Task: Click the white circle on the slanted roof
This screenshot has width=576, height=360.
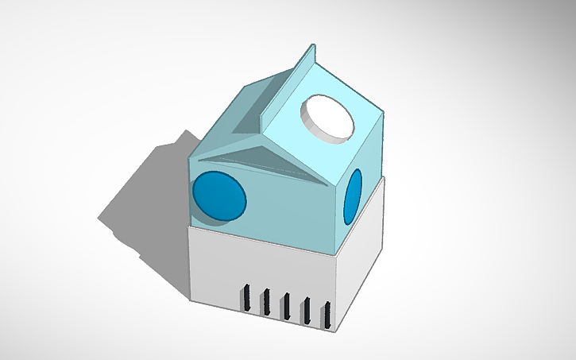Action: pyautogui.click(x=327, y=116)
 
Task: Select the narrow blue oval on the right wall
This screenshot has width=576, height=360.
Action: pyautogui.click(x=354, y=195)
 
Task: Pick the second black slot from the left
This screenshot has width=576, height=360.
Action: pyautogui.click(x=266, y=302)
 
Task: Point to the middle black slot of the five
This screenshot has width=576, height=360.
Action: pyautogui.click(x=285, y=307)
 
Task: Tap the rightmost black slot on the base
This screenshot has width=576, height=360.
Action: pyautogui.click(x=325, y=315)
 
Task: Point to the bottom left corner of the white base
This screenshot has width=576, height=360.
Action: pyautogui.click(x=190, y=300)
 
